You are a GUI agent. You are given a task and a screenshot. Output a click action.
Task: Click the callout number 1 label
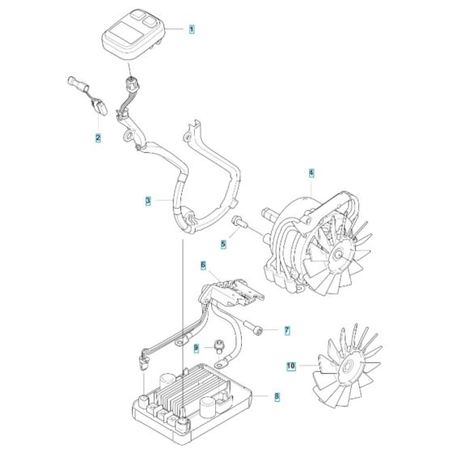pos(192,29)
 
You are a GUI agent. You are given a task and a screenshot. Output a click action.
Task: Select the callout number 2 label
pos(98,138)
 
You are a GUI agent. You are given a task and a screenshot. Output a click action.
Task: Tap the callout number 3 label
pos(148,201)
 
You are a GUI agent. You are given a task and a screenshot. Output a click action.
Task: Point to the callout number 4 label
pos(311,172)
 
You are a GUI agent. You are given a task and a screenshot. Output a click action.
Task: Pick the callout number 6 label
pos(203,265)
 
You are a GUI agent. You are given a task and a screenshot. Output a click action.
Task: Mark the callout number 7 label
pos(286,330)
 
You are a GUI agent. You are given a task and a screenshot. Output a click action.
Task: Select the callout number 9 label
pos(195,349)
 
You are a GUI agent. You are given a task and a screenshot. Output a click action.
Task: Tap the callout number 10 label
pos(291,366)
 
